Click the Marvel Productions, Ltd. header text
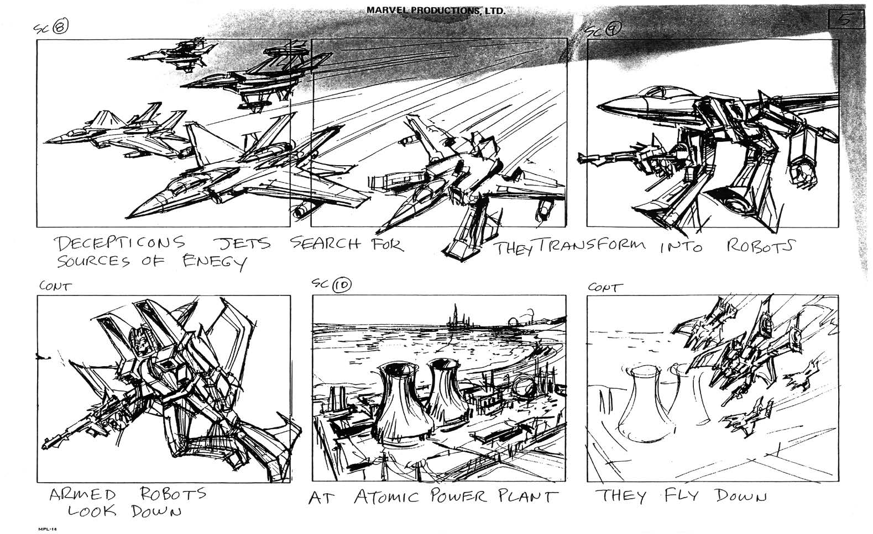(436, 10)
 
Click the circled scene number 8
(61, 27)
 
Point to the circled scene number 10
(342, 285)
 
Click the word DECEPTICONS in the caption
(119, 244)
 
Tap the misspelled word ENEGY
(215, 263)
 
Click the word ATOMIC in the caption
(386, 496)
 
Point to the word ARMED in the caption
(82, 494)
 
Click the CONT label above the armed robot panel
(55, 287)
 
